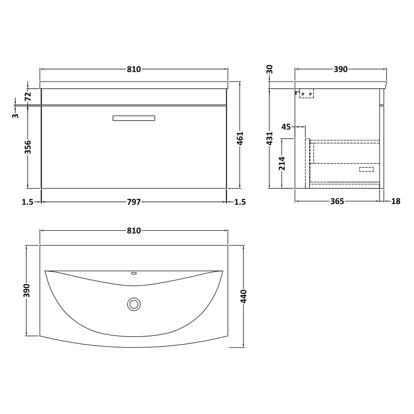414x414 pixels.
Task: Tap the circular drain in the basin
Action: click(134, 304)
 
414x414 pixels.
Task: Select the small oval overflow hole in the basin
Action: click(134, 273)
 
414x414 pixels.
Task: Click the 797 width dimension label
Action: click(134, 202)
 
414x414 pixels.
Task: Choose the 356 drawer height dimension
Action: click(28, 147)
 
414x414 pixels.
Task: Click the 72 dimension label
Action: click(28, 97)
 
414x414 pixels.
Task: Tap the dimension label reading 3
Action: click(15, 116)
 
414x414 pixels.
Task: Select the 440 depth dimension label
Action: click(243, 296)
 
